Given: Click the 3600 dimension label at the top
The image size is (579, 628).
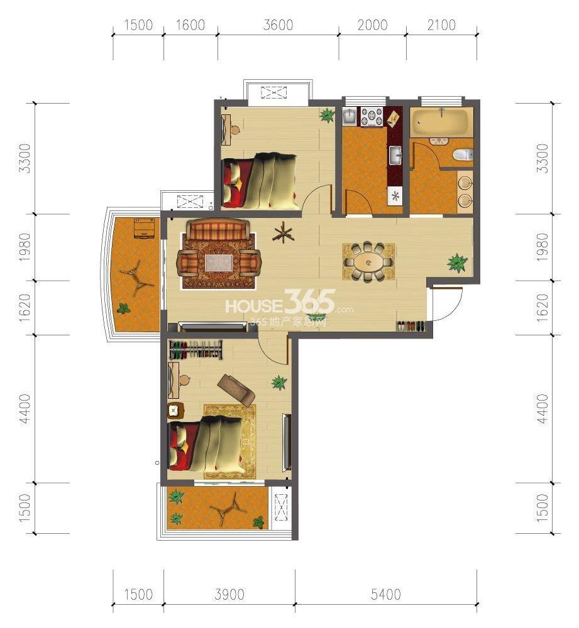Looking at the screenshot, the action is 278,25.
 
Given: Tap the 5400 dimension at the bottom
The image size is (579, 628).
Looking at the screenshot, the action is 386,594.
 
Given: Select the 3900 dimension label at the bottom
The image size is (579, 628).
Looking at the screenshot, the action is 229,594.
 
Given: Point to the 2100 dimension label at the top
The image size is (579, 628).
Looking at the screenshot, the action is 441,25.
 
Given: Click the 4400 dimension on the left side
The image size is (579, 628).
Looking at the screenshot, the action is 25,409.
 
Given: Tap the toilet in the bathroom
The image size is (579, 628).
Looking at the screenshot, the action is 463,154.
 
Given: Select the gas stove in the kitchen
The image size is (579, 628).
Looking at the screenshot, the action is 373,117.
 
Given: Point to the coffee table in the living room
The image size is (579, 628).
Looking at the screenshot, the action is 219,263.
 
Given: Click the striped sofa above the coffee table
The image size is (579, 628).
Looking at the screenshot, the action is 218,229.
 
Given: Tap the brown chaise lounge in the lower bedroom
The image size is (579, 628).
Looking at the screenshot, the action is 236,390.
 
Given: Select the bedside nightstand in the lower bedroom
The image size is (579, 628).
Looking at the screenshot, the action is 175,411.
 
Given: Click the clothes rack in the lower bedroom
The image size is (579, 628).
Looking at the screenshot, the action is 196,350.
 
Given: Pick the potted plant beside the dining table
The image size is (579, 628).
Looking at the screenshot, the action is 457,263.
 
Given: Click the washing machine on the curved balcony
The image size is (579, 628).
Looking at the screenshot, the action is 144,229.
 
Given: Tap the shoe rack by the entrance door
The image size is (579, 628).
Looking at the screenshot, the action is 411,325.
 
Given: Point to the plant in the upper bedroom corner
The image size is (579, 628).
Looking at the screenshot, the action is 327,116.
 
